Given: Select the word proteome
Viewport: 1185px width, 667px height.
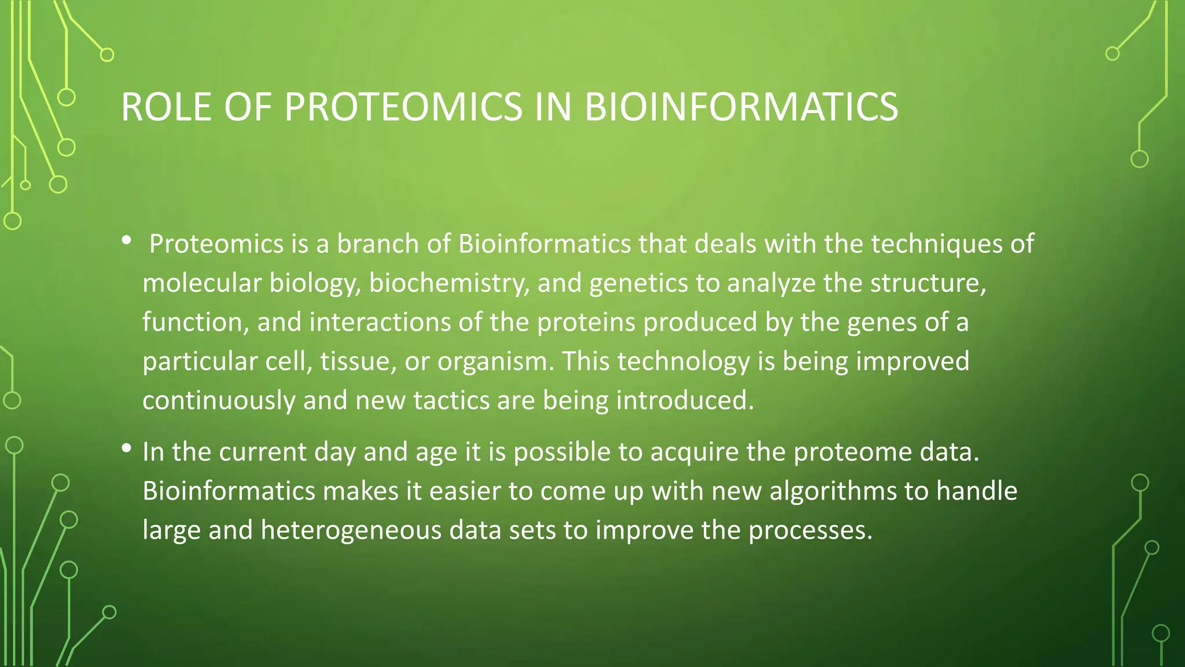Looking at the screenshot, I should tap(852, 452).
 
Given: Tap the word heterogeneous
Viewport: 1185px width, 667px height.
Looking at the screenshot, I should tap(351, 530).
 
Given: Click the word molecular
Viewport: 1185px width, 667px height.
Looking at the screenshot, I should tap(202, 284).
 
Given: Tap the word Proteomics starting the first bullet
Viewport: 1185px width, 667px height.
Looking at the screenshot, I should tap(216, 244).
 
